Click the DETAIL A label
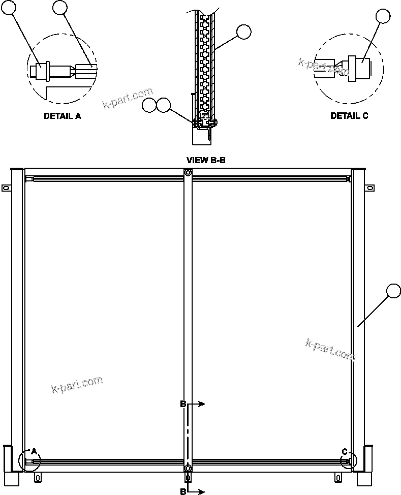pos(62,116)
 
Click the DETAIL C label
pos(349,116)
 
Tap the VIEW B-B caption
pos(206,160)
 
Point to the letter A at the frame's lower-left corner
pos(34,451)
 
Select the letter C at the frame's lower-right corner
pos(345,451)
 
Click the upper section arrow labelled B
pos(195,404)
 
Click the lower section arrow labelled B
pos(195,491)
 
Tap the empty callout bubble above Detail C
pos(383,17)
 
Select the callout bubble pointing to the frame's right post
pos(394,291)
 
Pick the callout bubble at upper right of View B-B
pos(244,32)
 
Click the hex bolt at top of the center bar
pos(188,173)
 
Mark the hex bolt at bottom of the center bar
pos(188,468)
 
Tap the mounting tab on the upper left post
pos(6,188)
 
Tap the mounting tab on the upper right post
pos(369,188)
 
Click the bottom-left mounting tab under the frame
pos(38,477)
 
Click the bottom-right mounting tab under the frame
pos(338,477)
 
